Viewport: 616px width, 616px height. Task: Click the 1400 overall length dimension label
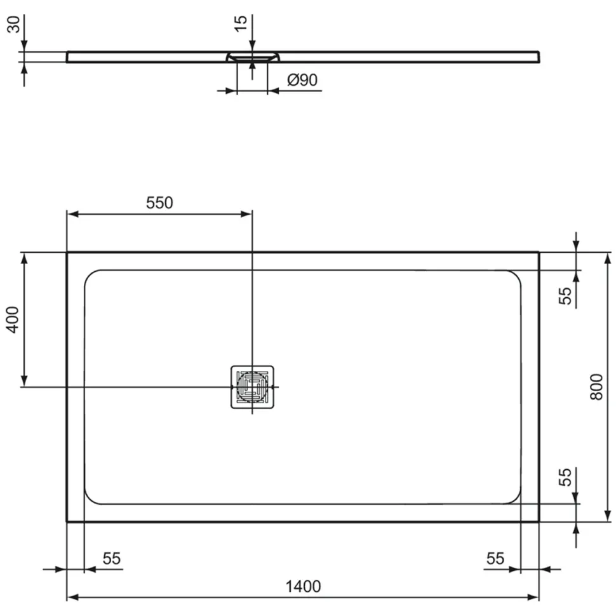tap(303, 587)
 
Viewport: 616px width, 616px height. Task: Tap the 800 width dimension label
tap(596, 387)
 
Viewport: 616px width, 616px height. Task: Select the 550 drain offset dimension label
tap(159, 203)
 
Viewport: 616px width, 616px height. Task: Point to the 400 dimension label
tap(13, 320)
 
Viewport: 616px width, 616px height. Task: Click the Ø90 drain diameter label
tap(302, 80)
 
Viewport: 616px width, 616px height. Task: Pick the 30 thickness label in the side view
tap(14, 24)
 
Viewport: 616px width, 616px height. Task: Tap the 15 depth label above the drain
tap(241, 23)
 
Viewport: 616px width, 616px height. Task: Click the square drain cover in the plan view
tap(252, 387)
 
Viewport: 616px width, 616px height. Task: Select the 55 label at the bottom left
tap(112, 558)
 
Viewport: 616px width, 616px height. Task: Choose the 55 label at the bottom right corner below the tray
tap(495, 558)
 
